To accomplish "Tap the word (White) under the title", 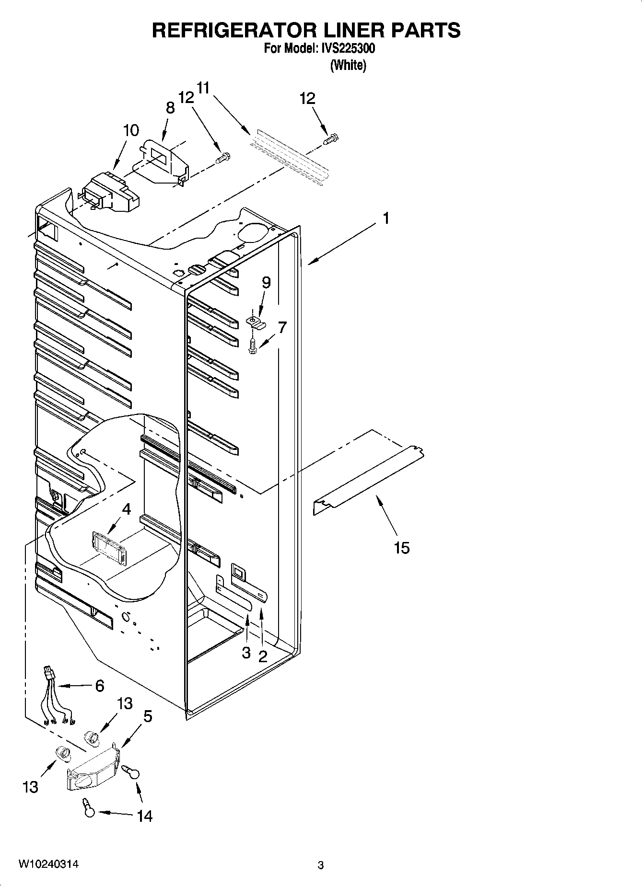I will pyautogui.click(x=348, y=65).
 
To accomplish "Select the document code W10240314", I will pyautogui.click(x=48, y=864).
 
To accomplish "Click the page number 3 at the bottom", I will pyautogui.click(x=321, y=865).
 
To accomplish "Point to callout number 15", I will pyautogui.click(x=401, y=547).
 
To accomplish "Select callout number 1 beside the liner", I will pyautogui.click(x=385, y=219).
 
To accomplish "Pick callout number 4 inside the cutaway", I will pyautogui.click(x=126, y=509).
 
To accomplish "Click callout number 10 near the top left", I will pyautogui.click(x=131, y=130).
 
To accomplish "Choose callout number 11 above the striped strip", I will pyautogui.click(x=203, y=88).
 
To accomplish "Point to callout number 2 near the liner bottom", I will pyautogui.click(x=262, y=656).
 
